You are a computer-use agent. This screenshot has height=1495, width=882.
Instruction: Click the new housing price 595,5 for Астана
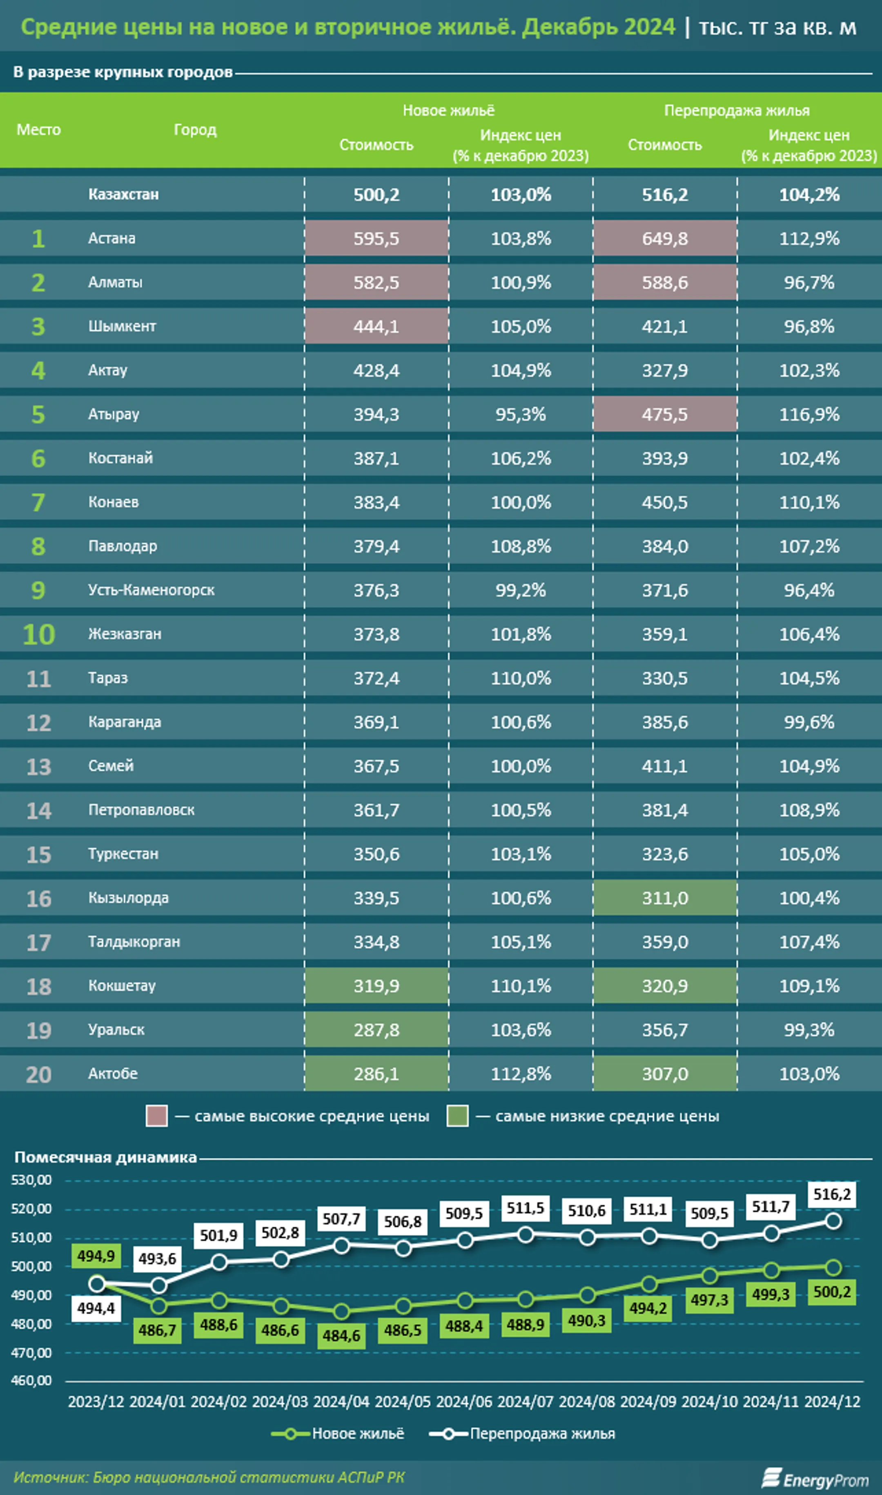(376, 238)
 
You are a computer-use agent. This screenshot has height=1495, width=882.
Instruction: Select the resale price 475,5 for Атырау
(664, 414)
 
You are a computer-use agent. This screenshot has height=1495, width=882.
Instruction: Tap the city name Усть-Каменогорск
(151, 590)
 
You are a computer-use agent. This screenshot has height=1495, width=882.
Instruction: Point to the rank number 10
(39, 634)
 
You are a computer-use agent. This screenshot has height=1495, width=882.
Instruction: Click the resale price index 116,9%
(809, 414)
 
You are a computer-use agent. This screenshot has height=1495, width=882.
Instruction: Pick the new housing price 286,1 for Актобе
(376, 1074)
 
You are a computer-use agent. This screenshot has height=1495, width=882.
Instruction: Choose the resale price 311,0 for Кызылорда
(664, 898)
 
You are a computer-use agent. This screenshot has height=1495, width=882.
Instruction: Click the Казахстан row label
(124, 194)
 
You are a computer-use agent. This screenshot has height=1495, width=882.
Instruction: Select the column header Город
(195, 129)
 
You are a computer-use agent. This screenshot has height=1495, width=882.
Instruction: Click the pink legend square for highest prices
(156, 1116)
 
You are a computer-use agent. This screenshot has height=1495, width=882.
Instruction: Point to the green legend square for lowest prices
(457, 1116)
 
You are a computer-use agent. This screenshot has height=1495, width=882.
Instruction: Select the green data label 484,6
(341, 1335)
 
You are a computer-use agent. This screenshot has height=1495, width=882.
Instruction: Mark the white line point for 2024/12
(833, 1221)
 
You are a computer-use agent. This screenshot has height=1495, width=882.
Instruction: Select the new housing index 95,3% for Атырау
(521, 414)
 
